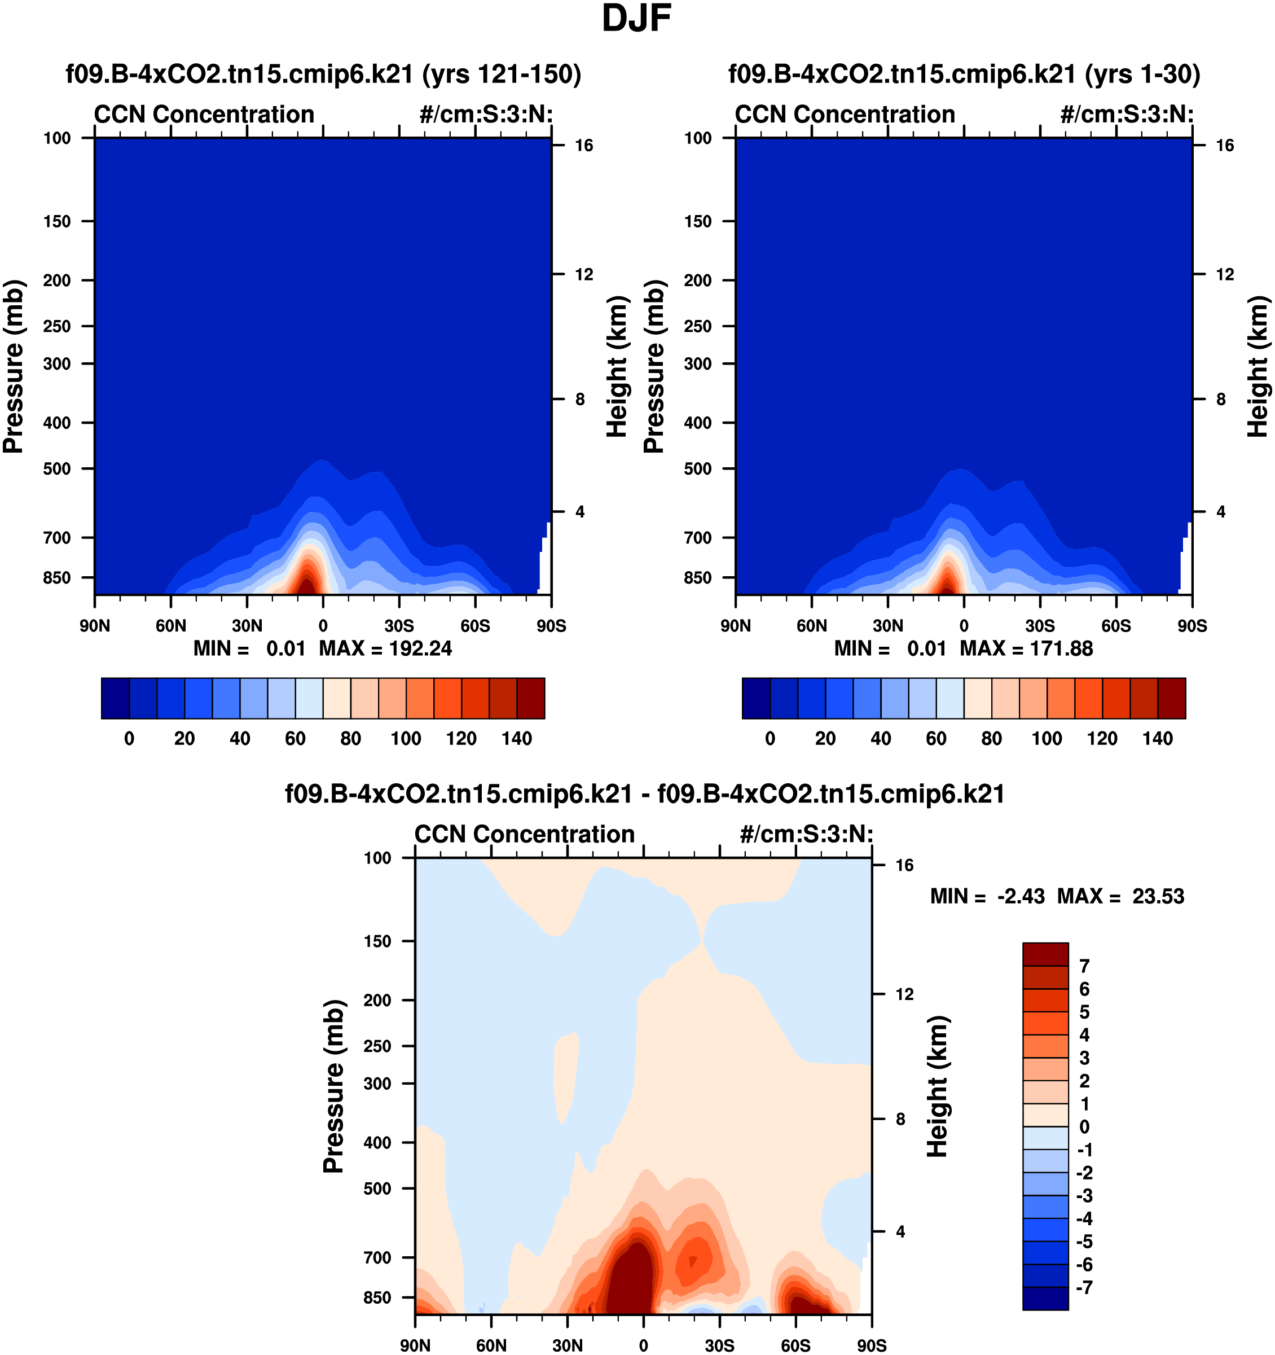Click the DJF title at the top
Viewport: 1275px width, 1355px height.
point(636,19)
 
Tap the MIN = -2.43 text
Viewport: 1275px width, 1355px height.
point(987,896)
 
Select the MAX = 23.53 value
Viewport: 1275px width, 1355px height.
point(1120,896)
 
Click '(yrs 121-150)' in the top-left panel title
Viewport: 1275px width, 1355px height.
point(502,73)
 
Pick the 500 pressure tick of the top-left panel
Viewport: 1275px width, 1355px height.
point(57,469)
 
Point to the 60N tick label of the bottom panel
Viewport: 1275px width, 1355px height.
point(491,1345)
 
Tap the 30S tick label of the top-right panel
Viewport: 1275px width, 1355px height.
point(1040,626)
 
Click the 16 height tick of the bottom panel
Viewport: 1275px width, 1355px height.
point(904,866)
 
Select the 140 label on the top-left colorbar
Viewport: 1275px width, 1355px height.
point(517,738)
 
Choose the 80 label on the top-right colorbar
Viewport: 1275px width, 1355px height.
point(992,738)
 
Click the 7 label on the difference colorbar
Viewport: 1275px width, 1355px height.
point(1085,966)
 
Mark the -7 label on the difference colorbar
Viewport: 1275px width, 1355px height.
point(1084,1287)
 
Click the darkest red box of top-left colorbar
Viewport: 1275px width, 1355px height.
point(531,698)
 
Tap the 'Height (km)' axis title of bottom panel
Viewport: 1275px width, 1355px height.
point(938,1086)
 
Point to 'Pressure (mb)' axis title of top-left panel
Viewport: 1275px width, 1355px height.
point(14,366)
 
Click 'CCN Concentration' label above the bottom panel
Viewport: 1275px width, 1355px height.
point(524,834)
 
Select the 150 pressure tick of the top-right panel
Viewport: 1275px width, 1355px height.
point(698,222)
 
